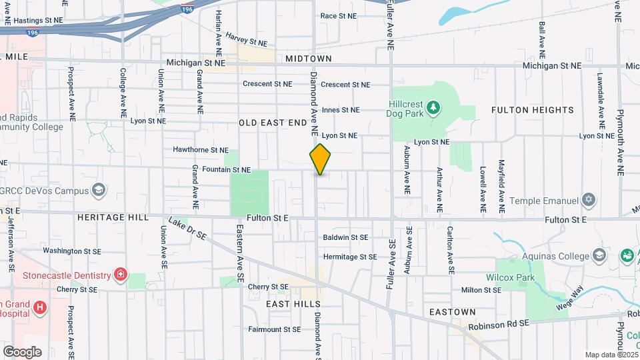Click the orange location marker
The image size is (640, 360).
320,159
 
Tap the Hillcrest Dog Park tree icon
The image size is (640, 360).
433,107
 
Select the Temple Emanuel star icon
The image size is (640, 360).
588,199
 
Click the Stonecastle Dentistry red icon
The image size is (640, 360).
120,275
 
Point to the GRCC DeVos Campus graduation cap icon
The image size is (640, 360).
99,191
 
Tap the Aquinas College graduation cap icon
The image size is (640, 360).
599,255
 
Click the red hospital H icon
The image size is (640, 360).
40,307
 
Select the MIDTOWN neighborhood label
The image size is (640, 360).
308,59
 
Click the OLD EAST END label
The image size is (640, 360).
273,123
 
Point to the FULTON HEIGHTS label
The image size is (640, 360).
532,109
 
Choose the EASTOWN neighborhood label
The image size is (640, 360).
453,312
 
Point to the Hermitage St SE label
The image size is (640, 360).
350,257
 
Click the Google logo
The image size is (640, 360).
22,351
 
